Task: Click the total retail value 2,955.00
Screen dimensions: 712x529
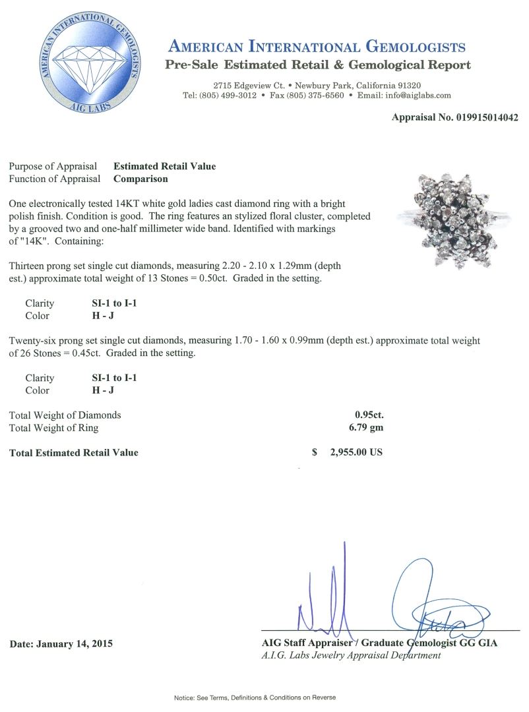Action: point(350,453)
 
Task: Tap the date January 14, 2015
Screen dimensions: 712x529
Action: point(61,643)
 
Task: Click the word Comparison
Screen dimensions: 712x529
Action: point(140,179)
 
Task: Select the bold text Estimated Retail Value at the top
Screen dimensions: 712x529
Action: point(164,166)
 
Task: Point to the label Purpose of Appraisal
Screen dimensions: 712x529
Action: point(53,166)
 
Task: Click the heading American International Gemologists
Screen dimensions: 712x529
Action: point(317,47)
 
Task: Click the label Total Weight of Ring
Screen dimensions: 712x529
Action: point(53,428)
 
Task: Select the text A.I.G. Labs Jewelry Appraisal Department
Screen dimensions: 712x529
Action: point(351,655)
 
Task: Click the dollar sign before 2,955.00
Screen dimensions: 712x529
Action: point(315,453)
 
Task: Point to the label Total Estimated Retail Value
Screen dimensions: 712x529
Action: point(73,453)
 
